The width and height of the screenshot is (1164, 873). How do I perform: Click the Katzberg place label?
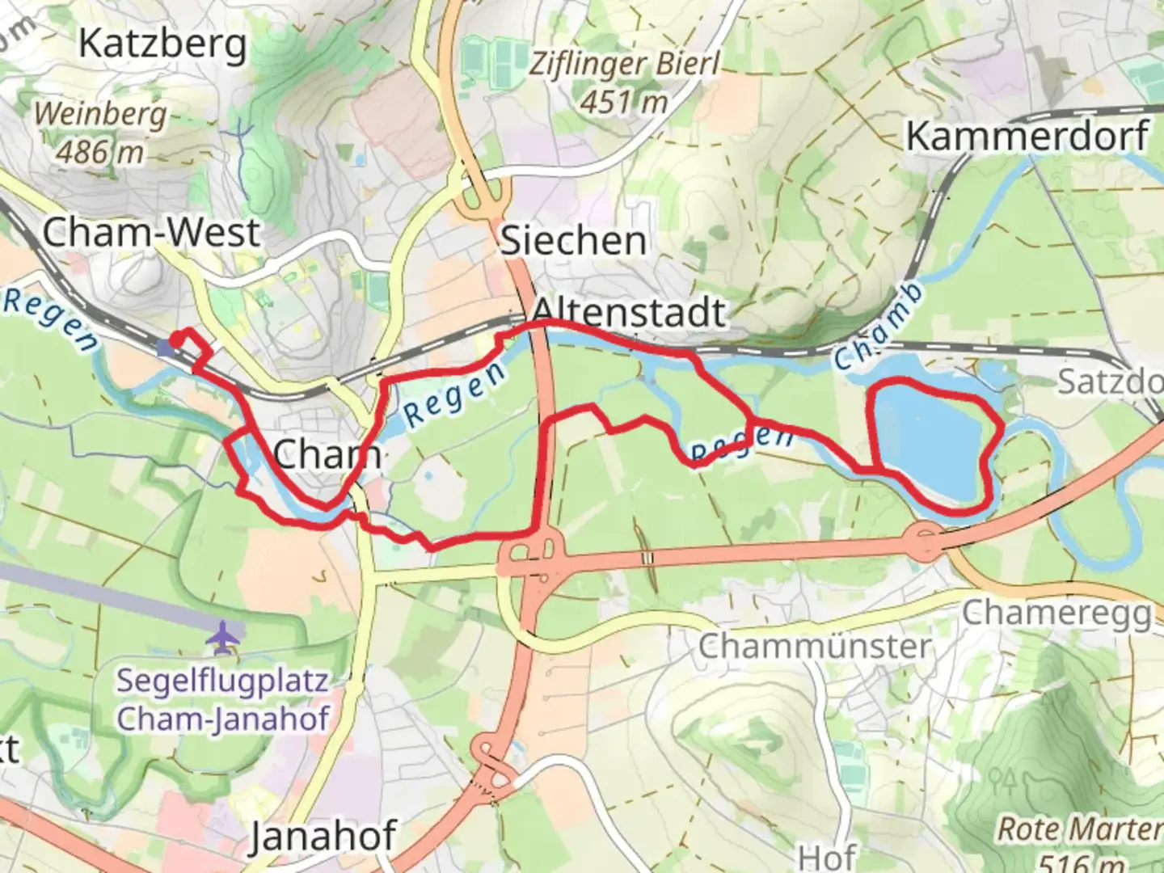click(x=162, y=44)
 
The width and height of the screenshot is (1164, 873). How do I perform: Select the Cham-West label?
click(x=150, y=233)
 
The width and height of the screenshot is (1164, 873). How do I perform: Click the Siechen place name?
click(x=573, y=241)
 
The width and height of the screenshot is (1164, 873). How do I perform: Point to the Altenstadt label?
click(x=629, y=312)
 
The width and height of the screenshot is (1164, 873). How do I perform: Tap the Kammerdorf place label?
click(x=1027, y=136)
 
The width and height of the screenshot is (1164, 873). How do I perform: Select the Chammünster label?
click(x=815, y=647)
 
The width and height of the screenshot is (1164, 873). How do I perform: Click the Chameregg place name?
click(x=1056, y=614)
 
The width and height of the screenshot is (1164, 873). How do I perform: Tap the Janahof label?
click(x=323, y=836)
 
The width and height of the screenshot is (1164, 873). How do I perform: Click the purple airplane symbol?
click(x=222, y=638)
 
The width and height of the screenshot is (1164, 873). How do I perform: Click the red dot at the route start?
click(x=175, y=338)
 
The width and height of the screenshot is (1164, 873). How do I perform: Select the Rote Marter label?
click(x=1078, y=829)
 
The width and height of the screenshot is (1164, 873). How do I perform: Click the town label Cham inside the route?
click(x=327, y=454)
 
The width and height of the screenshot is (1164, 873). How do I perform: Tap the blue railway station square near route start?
click(x=166, y=348)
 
